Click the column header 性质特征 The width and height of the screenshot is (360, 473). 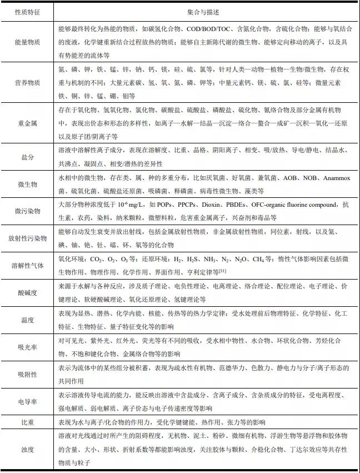pos(27,11)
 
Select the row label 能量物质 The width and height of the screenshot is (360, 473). pos(27,43)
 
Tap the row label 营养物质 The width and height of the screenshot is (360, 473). pos(27,82)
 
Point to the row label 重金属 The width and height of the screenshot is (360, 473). pos(27,122)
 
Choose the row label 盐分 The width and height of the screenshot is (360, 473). pos(27,157)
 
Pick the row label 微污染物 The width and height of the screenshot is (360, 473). pos(27,211)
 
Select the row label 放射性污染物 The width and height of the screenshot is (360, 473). pos(27,238)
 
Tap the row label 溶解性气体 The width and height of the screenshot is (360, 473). pos(27,265)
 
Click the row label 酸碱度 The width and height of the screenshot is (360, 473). pos(27,293)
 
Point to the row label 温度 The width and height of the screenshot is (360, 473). pos(27,320)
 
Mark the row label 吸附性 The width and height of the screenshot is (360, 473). pos(27,375)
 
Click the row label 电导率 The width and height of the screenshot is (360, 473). pos(27,401)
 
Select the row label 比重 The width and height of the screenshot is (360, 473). pos(27,422)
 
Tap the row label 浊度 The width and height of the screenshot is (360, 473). pos(27,449)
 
